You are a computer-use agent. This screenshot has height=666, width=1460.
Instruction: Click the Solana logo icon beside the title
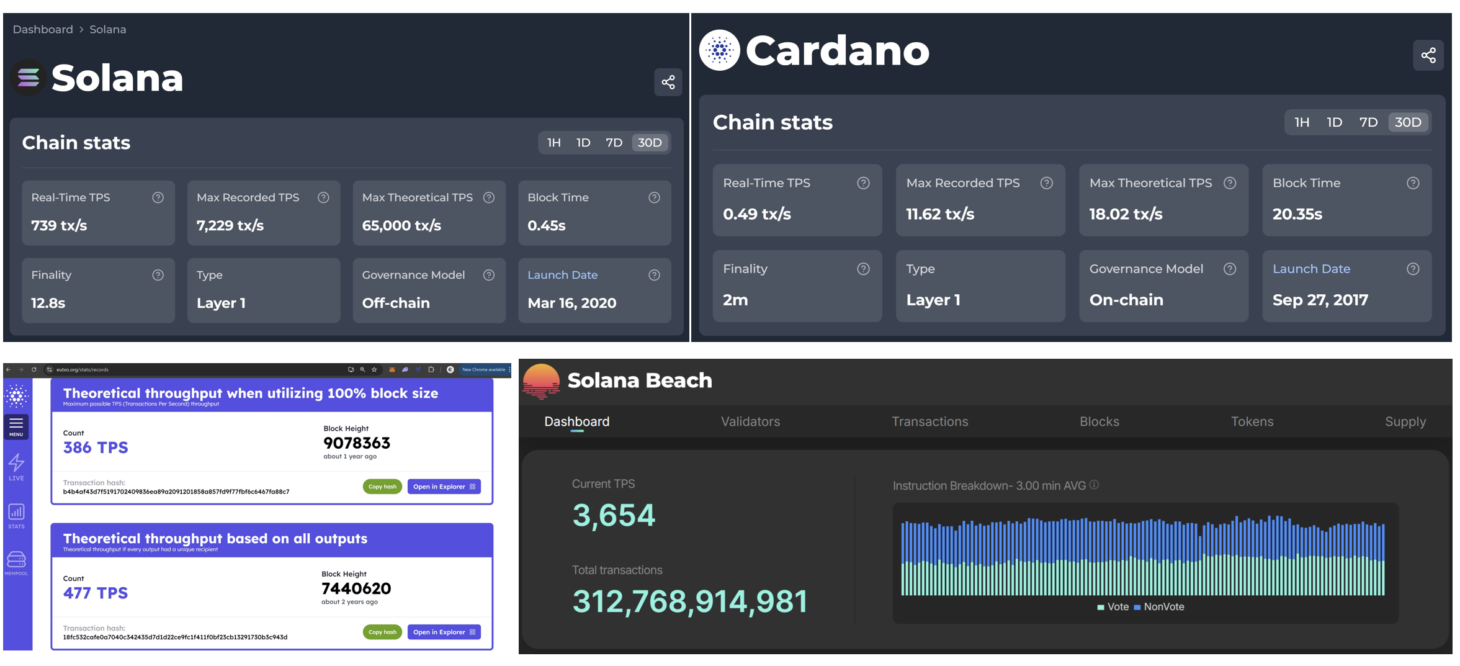pos(29,78)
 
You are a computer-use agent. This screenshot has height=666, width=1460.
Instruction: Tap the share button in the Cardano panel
pos(1428,55)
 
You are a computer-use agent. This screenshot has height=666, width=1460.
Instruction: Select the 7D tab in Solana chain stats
pos(614,143)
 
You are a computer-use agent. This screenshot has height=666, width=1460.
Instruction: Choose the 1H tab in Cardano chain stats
pos(1302,122)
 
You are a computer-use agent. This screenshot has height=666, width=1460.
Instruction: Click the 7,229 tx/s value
pos(230,225)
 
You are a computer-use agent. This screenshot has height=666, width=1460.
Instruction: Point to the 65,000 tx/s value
pos(401,225)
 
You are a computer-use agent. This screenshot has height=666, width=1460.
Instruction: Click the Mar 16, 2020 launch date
pos(571,303)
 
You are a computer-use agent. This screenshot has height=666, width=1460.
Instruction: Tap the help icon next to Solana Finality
pos(158,275)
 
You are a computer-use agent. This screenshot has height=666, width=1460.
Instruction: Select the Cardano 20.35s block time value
pos(1297,214)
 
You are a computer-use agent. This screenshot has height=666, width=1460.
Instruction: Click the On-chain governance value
pos(1126,300)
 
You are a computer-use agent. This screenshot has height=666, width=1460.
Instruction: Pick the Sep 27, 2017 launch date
pos(1320,300)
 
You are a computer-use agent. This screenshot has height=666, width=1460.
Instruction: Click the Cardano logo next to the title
pos(720,50)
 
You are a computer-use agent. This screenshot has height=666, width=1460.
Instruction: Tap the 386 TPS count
pos(96,448)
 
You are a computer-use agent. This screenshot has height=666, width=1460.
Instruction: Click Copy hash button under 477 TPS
pos(382,632)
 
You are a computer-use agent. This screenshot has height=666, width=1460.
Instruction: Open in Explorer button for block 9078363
pos(444,487)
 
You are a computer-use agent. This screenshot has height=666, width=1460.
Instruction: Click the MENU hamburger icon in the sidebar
pos(16,425)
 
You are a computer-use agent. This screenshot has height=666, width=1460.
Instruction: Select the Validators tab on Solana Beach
pos(750,421)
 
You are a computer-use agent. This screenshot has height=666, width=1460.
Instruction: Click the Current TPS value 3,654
pos(613,515)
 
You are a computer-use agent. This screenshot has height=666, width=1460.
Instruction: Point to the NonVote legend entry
pos(1159,606)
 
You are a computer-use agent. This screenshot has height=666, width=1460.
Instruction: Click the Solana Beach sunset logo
pos(541,380)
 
